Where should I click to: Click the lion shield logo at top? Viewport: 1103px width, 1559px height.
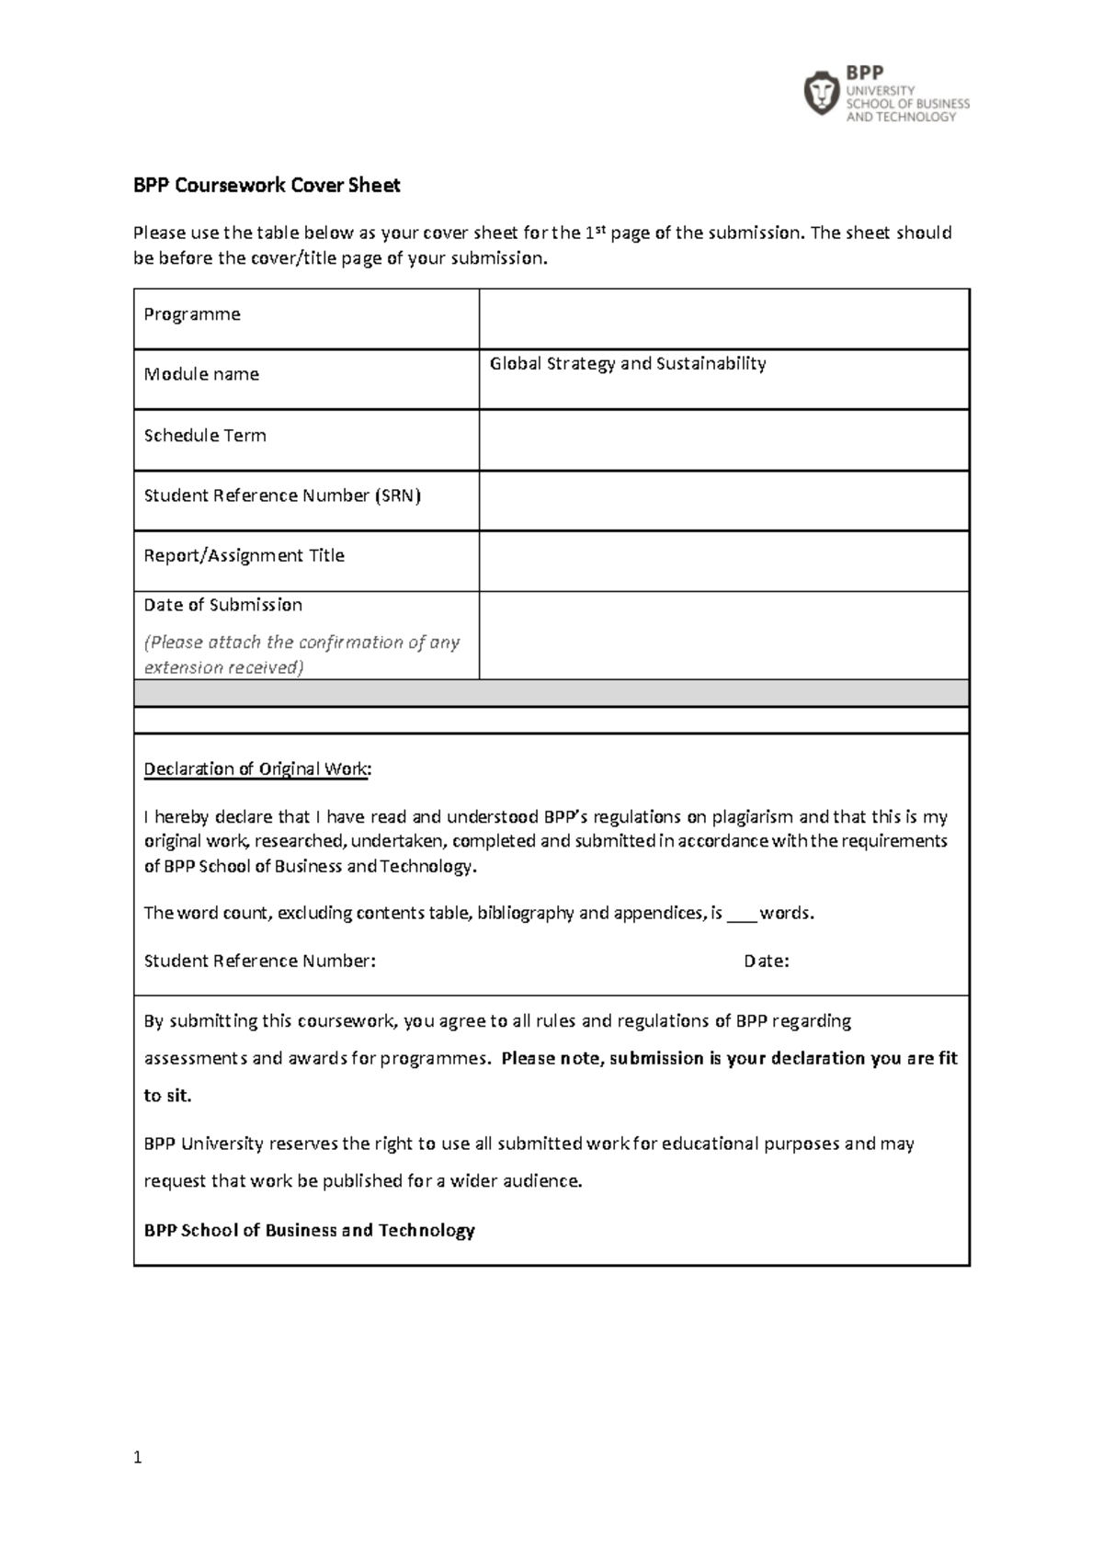pos(821,93)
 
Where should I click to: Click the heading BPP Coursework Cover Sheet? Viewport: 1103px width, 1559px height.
pos(267,186)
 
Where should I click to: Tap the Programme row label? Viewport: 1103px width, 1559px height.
pos(192,314)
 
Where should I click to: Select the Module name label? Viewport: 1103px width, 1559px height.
pos(201,374)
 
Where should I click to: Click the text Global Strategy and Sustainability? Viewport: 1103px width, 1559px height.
pos(628,364)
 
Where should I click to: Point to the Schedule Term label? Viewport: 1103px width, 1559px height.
pos(205,436)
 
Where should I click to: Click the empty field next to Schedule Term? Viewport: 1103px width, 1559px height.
pos(723,440)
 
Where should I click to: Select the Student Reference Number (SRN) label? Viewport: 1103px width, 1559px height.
pos(282,495)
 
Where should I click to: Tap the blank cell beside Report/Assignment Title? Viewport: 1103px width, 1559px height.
pos(723,561)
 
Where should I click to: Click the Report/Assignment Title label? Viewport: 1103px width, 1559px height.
pos(244,555)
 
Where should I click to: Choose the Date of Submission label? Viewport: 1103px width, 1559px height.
pos(223,605)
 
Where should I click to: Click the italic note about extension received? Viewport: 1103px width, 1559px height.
pos(301,654)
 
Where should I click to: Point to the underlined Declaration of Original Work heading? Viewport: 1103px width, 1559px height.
pos(257,768)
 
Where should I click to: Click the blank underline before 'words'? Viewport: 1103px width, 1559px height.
pos(741,914)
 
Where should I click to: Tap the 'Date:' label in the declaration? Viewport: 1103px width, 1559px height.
pos(766,962)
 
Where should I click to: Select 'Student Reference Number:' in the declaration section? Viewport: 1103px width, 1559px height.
pos(259,962)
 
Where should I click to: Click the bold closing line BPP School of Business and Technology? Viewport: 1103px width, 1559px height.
pos(309,1230)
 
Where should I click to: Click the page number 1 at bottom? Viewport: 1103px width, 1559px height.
pos(138,1457)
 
